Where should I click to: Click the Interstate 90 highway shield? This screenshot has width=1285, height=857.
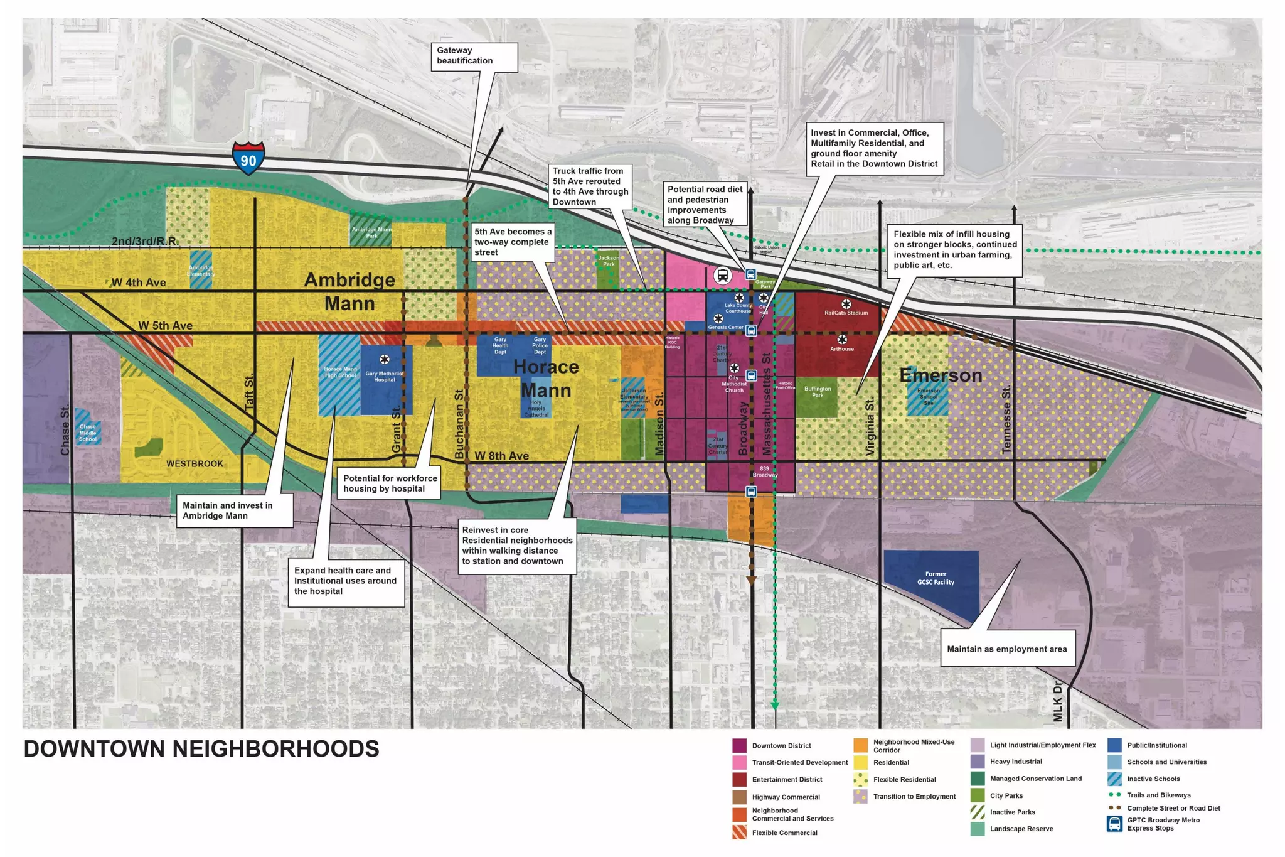(x=248, y=158)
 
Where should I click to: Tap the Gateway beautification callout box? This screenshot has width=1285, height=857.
(x=474, y=56)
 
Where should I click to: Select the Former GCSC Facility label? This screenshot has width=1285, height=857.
(x=935, y=578)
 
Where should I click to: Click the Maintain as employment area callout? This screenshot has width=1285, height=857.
(x=1006, y=649)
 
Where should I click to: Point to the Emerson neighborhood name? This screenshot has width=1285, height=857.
(x=940, y=375)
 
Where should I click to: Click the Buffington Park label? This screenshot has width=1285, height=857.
(x=818, y=392)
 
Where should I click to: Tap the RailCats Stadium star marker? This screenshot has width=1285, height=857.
(x=846, y=304)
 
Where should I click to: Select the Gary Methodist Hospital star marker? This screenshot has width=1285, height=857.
(x=385, y=360)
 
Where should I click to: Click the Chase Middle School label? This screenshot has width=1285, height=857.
(x=88, y=433)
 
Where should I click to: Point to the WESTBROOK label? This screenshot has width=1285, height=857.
(x=195, y=464)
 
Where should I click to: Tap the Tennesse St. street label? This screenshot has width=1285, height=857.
(x=1006, y=419)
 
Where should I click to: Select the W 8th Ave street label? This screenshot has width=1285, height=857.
(x=501, y=456)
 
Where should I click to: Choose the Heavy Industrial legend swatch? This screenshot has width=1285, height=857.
(x=978, y=762)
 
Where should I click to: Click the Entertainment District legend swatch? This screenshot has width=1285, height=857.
(x=740, y=779)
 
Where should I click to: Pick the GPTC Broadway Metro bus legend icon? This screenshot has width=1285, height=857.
(x=1114, y=824)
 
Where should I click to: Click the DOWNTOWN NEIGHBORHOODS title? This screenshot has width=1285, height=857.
(x=201, y=749)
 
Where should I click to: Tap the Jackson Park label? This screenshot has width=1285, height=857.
(x=608, y=261)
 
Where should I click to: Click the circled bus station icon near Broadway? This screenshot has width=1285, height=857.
(x=723, y=275)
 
